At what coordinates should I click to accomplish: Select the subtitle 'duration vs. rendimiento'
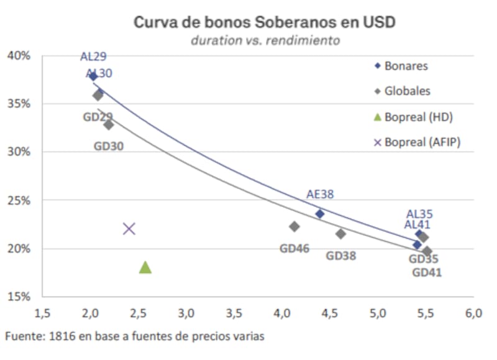(265, 40)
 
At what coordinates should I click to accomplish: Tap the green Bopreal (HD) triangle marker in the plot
(145, 267)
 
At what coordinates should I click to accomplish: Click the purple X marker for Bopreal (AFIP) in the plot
(129, 229)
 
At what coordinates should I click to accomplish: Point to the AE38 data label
(320, 194)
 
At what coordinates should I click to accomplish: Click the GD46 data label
(294, 248)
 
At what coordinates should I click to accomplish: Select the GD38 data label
(341, 255)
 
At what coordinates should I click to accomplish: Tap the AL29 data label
(93, 57)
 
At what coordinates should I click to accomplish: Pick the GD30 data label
(109, 146)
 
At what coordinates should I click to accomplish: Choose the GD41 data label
(427, 272)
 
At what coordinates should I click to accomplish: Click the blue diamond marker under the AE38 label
(320, 214)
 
